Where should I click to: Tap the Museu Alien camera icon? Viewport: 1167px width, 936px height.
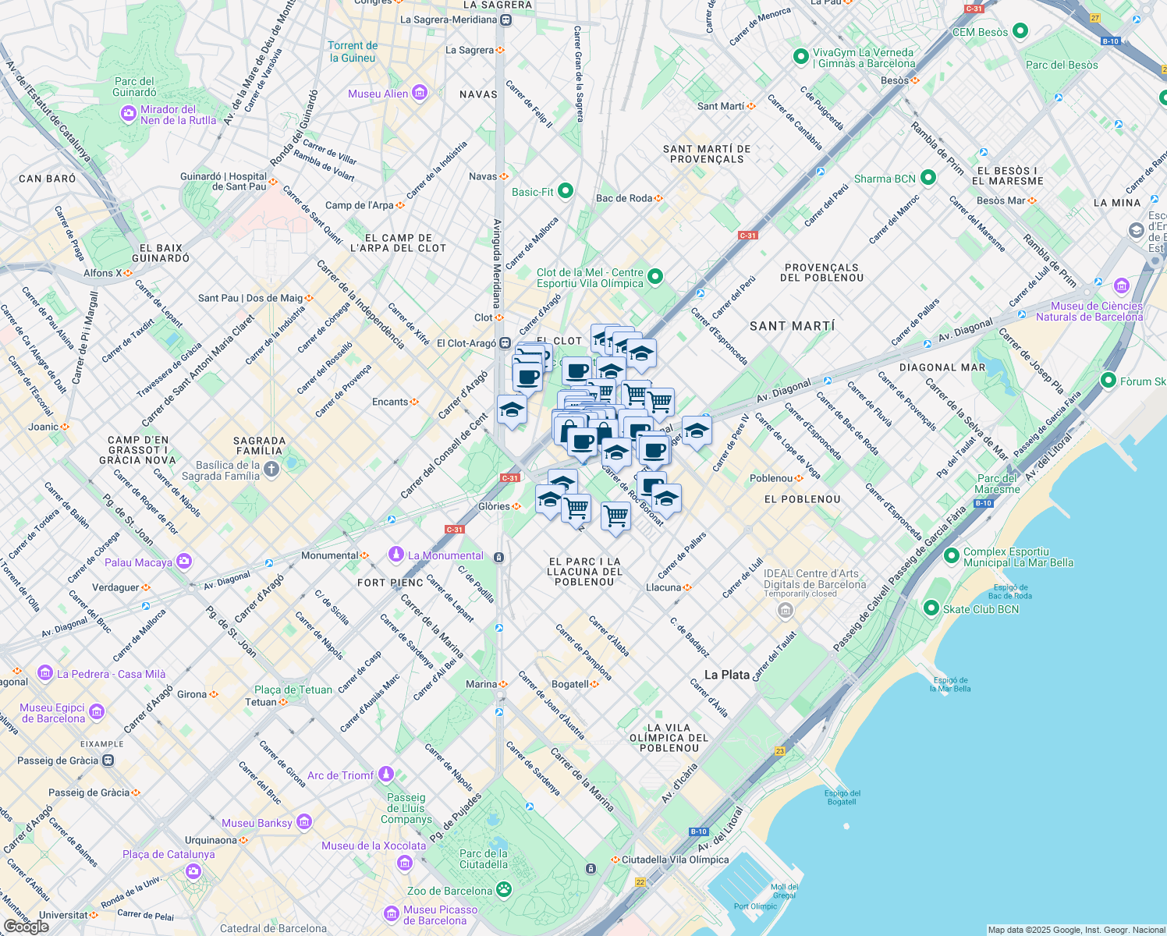(420, 94)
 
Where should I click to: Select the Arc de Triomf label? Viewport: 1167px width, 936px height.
(340, 775)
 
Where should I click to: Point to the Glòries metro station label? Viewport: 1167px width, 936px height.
(494, 506)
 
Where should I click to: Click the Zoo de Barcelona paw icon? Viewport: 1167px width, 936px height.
(504, 890)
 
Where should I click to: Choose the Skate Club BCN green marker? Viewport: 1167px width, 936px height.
(931, 608)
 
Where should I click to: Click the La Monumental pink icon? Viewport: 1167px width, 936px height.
(396, 555)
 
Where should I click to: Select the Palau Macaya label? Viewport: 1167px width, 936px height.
(138, 562)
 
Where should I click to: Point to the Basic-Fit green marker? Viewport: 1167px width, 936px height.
(566, 191)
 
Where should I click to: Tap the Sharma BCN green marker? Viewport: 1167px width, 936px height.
(928, 178)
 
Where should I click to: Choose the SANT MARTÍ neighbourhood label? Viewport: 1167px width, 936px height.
(792, 326)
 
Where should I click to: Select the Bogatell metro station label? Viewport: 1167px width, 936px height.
(569, 684)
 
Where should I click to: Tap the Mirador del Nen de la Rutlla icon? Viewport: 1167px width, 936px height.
(129, 115)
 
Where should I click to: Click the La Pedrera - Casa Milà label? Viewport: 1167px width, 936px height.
(111, 674)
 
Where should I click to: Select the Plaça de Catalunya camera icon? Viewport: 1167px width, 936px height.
(193, 871)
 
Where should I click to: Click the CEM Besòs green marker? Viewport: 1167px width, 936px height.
(1020, 31)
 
